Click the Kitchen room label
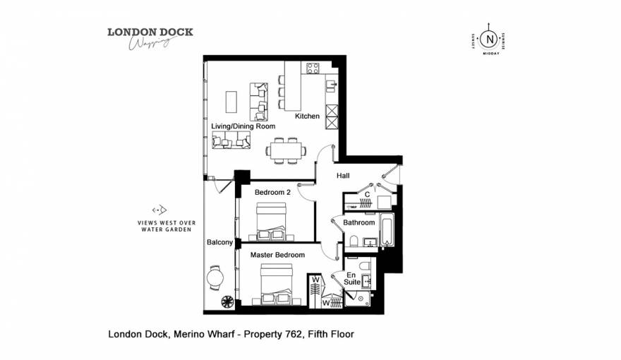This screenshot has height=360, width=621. click(x=307, y=116)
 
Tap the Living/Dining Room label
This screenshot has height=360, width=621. click(x=243, y=126)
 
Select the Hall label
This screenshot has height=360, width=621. click(x=343, y=176)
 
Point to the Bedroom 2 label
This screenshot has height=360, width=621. click(x=272, y=192)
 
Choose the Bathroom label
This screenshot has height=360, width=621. click(x=359, y=222)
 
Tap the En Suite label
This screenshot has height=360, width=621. click(x=352, y=278)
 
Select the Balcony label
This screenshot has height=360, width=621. click(x=219, y=242)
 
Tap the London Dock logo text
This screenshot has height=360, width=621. click(x=150, y=32)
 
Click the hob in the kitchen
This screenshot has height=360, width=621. click(x=311, y=68)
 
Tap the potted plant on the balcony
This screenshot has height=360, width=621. click(x=228, y=302)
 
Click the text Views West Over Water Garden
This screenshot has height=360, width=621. click(x=167, y=226)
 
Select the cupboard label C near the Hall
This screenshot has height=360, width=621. click(x=368, y=193)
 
